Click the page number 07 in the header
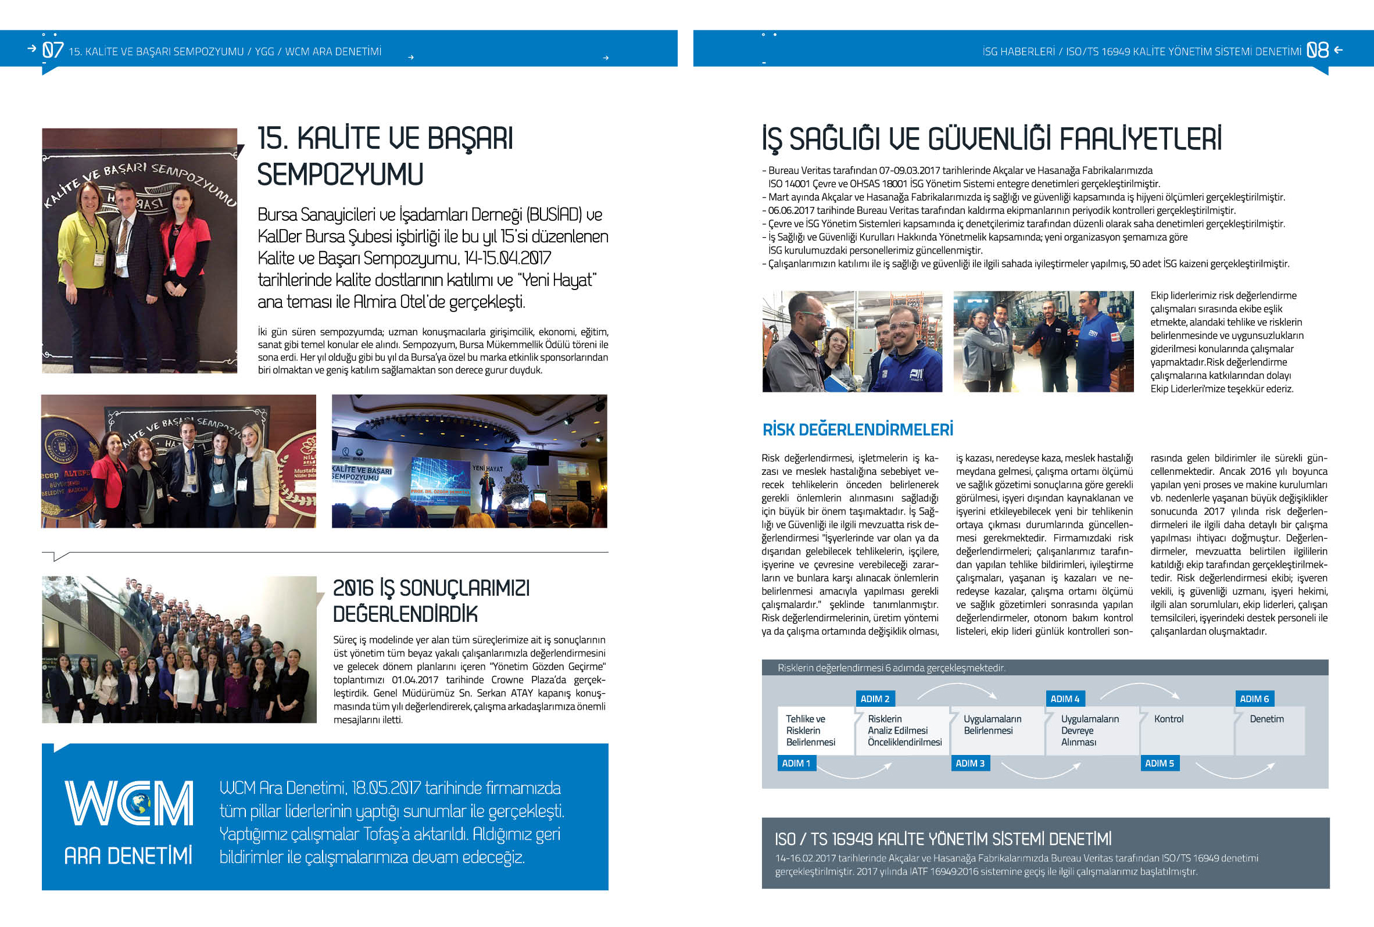point(53,50)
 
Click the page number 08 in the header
point(1317,50)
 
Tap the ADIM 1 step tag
point(796,763)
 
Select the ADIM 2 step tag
point(874,699)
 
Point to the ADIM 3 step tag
point(969,763)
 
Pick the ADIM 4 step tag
point(1064,699)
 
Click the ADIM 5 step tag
point(1159,763)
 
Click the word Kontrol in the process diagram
point(1168,719)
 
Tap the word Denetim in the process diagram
point(1266,719)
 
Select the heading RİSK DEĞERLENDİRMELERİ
point(857,430)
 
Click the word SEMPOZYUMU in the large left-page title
point(340,175)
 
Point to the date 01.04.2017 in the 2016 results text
point(414,680)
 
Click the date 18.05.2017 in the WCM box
point(386,788)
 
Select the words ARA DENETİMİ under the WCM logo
point(128,856)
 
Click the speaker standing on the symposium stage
point(486,489)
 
